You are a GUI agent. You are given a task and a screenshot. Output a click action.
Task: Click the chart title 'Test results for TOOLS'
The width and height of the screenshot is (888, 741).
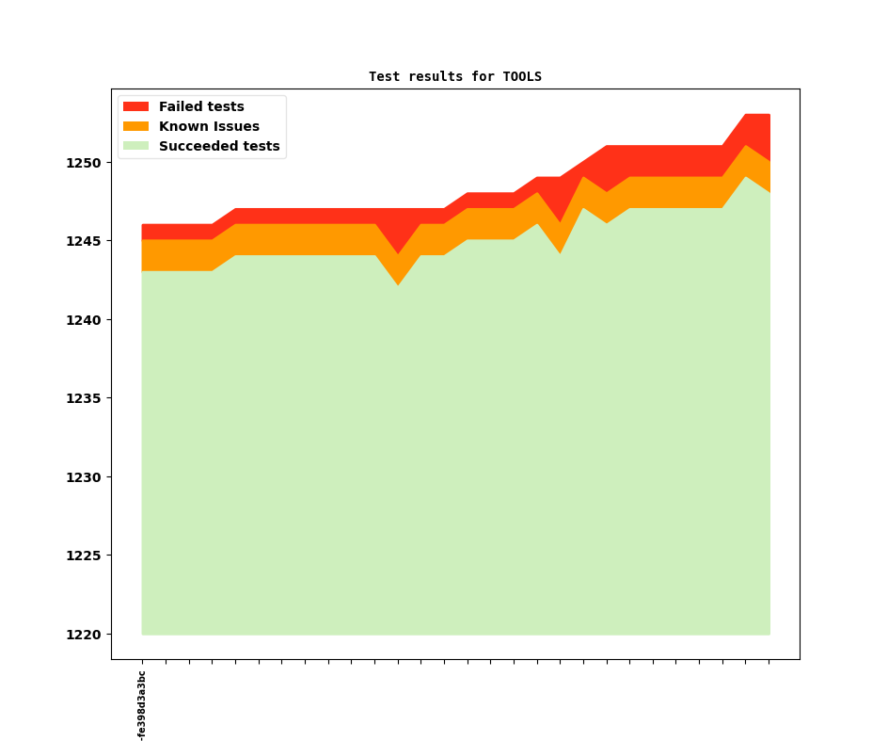[x=454, y=76]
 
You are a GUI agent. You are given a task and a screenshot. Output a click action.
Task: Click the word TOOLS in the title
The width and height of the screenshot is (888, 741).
[x=522, y=76]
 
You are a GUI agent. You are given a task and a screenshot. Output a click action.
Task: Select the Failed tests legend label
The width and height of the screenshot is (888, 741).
[x=201, y=106]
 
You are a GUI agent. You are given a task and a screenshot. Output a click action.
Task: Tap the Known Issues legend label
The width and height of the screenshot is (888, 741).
[x=209, y=126]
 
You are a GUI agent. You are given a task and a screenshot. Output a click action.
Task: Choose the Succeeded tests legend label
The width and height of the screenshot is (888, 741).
[x=219, y=146]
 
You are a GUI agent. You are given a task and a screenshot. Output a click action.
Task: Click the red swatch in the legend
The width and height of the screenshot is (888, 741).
[x=135, y=106]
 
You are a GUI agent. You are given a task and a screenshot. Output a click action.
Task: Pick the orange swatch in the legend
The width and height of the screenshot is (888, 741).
[x=135, y=126]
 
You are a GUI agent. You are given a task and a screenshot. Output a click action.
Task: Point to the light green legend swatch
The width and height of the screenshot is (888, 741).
[x=135, y=146]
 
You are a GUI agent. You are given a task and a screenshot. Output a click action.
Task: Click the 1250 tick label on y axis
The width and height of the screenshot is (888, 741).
[x=83, y=163]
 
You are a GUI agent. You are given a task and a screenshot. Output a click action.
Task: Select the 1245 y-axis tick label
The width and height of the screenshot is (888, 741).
[x=83, y=241]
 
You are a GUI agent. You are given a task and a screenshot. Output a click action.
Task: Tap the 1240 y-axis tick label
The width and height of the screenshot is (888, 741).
[x=83, y=320]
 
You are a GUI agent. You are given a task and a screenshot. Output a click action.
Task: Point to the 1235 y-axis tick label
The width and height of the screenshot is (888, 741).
[x=83, y=398]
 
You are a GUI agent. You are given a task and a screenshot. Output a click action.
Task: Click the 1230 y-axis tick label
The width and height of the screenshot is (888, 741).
[x=83, y=477]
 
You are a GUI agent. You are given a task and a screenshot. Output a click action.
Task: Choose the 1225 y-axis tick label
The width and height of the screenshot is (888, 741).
[x=83, y=556]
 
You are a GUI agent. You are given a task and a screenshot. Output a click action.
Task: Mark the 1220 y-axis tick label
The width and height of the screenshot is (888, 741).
[x=83, y=635]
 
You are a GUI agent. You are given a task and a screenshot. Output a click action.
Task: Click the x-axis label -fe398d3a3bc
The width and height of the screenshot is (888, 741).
[x=142, y=705]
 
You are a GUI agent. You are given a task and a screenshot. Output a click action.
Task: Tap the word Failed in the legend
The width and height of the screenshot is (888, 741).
[x=181, y=106]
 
